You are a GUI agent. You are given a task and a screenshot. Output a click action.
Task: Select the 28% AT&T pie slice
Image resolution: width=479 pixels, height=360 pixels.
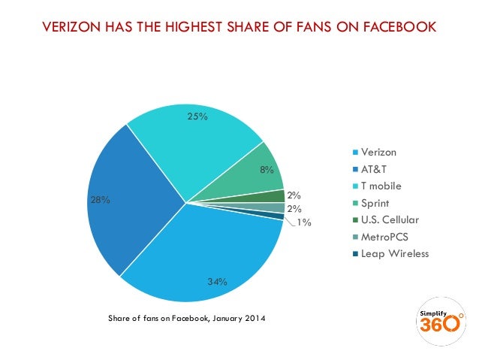(x=135, y=203)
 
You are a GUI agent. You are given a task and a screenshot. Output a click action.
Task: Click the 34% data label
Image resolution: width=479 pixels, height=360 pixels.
(x=217, y=281)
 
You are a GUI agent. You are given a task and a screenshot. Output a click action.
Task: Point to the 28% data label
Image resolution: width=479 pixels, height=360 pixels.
(x=101, y=200)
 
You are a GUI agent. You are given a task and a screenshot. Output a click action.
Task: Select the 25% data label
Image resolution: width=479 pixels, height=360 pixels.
(x=198, y=116)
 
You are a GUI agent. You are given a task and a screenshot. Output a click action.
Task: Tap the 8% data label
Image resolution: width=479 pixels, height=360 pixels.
(x=266, y=170)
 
